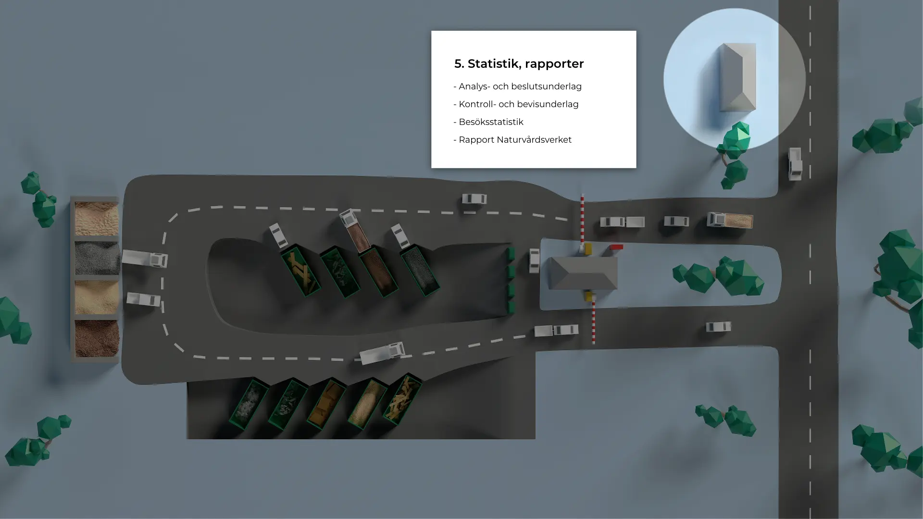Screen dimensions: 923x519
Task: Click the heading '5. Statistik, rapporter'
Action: coord(519,63)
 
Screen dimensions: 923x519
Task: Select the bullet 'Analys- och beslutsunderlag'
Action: coord(517,86)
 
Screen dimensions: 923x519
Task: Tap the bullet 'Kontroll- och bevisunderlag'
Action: coord(516,104)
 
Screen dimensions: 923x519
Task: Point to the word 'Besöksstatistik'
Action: coord(491,122)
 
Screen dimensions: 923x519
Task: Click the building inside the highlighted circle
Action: coord(737,77)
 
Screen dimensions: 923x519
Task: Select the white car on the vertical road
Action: coord(795,164)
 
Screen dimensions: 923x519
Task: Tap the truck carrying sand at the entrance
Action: coord(730,220)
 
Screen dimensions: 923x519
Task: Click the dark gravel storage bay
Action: coord(97,258)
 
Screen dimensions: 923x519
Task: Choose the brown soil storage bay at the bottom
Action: coord(97,338)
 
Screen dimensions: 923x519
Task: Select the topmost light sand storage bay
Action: coord(97,219)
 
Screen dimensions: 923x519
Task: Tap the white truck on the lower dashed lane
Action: coord(382,353)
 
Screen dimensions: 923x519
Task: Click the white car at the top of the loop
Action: coord(474,198)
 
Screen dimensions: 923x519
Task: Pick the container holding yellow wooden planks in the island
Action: coord(300,271)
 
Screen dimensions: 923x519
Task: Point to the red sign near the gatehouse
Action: coord(616,247)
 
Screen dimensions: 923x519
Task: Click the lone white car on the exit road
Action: coord(718,327)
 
